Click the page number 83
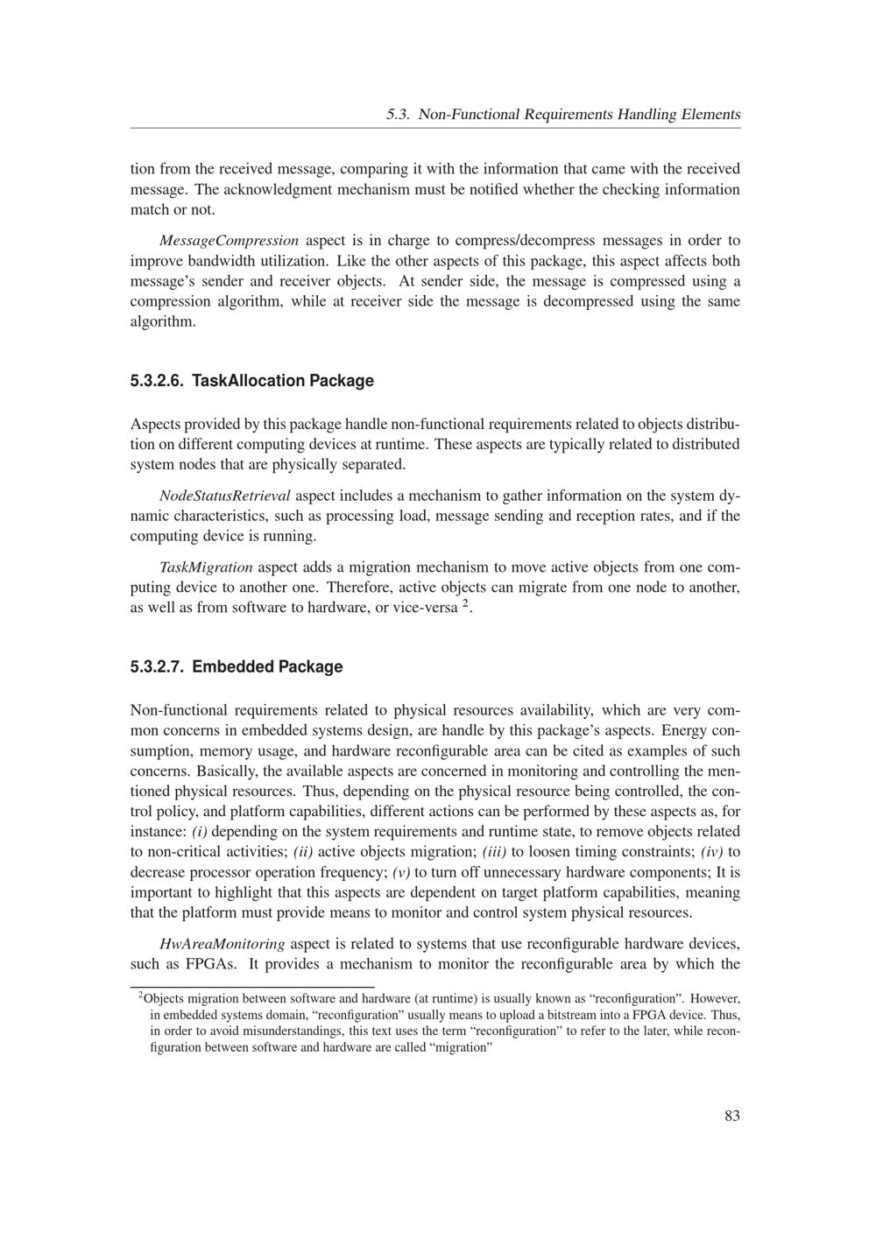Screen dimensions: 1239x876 pos(732,1116)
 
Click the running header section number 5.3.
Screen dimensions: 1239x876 pos(399,115)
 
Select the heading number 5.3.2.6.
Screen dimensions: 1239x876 pos(157,381)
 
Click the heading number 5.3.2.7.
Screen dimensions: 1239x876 pos(157,667)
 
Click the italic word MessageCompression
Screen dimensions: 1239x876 pos(230,241)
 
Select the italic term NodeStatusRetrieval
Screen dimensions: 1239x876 pos(225,496)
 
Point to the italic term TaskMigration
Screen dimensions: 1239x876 pos(207,567)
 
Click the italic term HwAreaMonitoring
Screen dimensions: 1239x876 pos(223,944)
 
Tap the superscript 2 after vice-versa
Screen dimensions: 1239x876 pos(465,603)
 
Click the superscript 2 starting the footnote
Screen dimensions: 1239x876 pos(141,996)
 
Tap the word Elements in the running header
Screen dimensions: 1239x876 pos(711,115)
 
